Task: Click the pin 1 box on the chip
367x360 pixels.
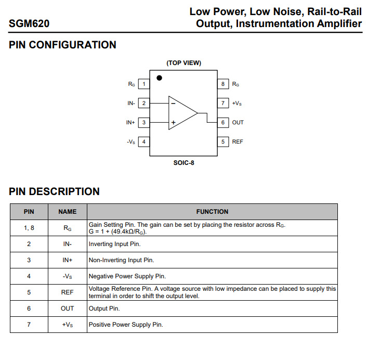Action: click(x=144, y=84)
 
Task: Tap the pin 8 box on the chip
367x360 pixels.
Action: click(x=223, y=84)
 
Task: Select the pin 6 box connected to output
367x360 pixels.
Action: click(x=223, y=122)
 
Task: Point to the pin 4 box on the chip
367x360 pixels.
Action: click(x=144, y=142)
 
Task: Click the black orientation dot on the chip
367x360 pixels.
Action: click(x=159, y=78)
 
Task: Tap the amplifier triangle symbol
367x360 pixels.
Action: click(x=182, y=112)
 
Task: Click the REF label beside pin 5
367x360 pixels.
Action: click(x=238, y=142)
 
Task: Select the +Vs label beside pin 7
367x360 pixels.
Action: click(x=237, y=104)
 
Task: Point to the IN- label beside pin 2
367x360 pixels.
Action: click(x=131, y=103)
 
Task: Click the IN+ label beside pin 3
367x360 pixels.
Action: click(x=130, y=122)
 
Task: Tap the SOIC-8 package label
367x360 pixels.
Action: click(x=183, y=163)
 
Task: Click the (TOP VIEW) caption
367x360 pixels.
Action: click(x=183, y=63)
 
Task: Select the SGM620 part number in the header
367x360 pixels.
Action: click(x=29, y=24)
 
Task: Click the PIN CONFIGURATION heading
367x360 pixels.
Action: click(x=62, y=45)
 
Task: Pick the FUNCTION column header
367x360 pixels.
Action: click(x=212, y=212)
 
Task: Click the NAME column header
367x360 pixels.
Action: click(x=67, y=212)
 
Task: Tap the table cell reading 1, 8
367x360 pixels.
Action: click(x=29, y=227)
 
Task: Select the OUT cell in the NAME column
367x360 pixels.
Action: click(x=67, y=308)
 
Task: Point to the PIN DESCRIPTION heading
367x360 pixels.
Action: click(x=54, y=191)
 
